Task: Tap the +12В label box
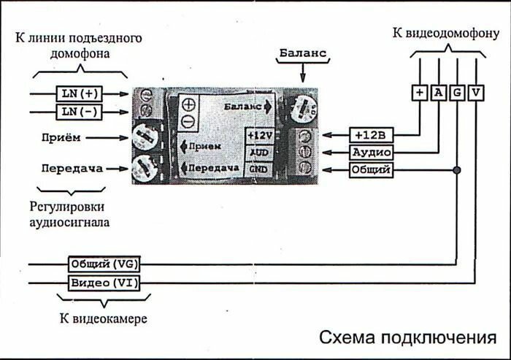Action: click(x=372, y=135)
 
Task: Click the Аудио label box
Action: click(x=372, y=153)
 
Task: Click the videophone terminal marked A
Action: click(x=438, y=92)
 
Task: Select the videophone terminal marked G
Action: click(x=457, y=92)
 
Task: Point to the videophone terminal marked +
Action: click(x=419, y=92)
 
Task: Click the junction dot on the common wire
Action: click(x=457, y=170)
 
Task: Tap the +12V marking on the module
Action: click(x=260, y=136)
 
